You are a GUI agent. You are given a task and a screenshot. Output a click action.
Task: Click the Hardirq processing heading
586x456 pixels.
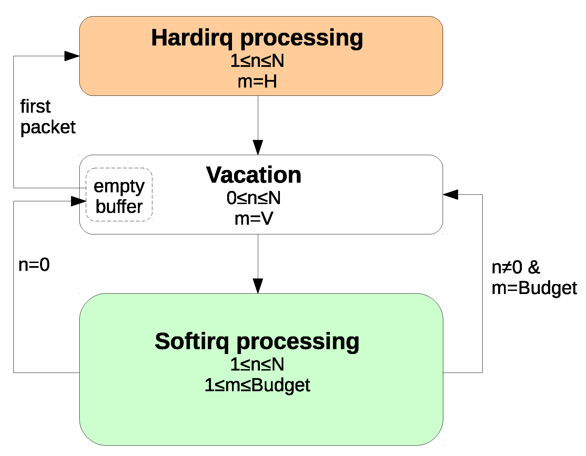pos(257,38)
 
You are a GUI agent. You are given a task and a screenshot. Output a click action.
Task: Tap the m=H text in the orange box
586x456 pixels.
pos(257,82)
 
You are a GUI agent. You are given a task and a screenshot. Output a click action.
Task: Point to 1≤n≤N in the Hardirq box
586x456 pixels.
pos(257,61)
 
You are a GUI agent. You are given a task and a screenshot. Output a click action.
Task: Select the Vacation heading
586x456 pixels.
pos(254,175)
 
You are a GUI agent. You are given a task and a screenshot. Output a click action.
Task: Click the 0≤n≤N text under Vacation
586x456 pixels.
pos(254,198)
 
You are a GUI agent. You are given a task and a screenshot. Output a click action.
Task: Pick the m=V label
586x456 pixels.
pos(254,219)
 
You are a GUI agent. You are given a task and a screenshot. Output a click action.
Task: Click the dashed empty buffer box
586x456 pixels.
pos(119,195)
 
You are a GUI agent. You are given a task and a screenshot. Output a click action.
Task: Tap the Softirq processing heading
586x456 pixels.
pos(257,342)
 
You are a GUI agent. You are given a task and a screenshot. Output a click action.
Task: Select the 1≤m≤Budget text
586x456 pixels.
pos(257,385)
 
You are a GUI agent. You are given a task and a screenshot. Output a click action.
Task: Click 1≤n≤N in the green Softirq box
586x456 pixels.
pos(257,365)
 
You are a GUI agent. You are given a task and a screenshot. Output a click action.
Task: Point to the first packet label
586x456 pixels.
pos(48,117)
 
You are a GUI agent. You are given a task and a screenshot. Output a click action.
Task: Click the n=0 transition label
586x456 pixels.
pos(34,265)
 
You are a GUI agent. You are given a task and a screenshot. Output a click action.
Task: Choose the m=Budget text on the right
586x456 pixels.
pos(534,288)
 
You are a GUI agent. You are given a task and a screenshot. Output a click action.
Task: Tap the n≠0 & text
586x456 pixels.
pos(516,267)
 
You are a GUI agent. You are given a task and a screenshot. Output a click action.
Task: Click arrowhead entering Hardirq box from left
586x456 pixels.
pos(72,56)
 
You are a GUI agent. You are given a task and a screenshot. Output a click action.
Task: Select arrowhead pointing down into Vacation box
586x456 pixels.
pos(258,148)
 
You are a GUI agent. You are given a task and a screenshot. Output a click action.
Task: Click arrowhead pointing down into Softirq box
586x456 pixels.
pos(258,286)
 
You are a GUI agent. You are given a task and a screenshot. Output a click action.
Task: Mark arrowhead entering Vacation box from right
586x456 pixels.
pos(450,194)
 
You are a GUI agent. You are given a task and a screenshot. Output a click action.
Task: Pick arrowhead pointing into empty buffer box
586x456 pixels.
pos(78,201)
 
